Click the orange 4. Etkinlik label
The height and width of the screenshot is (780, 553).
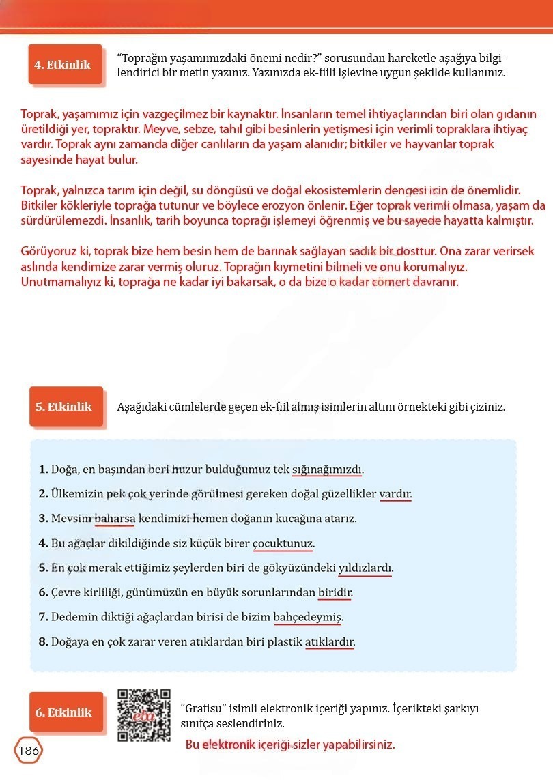(x=63, y=65)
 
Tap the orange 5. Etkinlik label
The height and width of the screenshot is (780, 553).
(x=63, y=407)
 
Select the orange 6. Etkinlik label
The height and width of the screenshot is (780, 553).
(x=63, y=712)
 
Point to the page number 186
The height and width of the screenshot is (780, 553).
(x=28, y=751)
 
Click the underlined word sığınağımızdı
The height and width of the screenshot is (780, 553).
(x=328, y=470)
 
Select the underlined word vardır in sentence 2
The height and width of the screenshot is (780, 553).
(x=395, y=494)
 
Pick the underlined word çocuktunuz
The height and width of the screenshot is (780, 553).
(x=283, y=543)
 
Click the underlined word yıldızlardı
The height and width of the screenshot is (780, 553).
(x=366, y=568)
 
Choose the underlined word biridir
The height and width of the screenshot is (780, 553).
(x=335, y=592)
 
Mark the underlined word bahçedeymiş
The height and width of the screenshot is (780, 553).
(x=307, y=617)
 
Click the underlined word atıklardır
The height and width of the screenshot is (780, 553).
(x=330, y=641)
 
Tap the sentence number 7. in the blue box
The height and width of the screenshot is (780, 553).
(x=44, y=617)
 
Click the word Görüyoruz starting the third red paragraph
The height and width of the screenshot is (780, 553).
(x=45, y=251)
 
